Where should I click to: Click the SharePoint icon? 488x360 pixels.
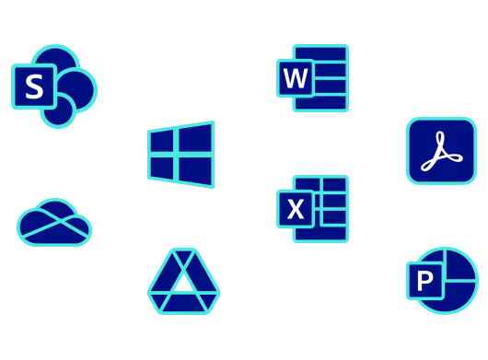point(54,86)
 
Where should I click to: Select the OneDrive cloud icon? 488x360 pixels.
point(54,223)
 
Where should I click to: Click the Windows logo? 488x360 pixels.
point(181,155)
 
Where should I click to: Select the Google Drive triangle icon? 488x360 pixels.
point(183,282)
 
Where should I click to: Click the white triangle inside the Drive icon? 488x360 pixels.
point(183,282)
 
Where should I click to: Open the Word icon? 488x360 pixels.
point(313,77)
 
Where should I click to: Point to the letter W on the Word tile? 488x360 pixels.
point(295,78)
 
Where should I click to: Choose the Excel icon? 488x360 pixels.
point(313,208)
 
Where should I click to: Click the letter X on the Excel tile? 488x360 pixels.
point(295,209)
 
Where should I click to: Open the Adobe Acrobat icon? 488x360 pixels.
point(441,151)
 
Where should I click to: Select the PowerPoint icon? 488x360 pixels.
point(442,280)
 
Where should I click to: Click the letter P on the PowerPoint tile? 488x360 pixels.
point(424,281)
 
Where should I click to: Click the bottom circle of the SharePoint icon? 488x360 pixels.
point(59,111)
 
